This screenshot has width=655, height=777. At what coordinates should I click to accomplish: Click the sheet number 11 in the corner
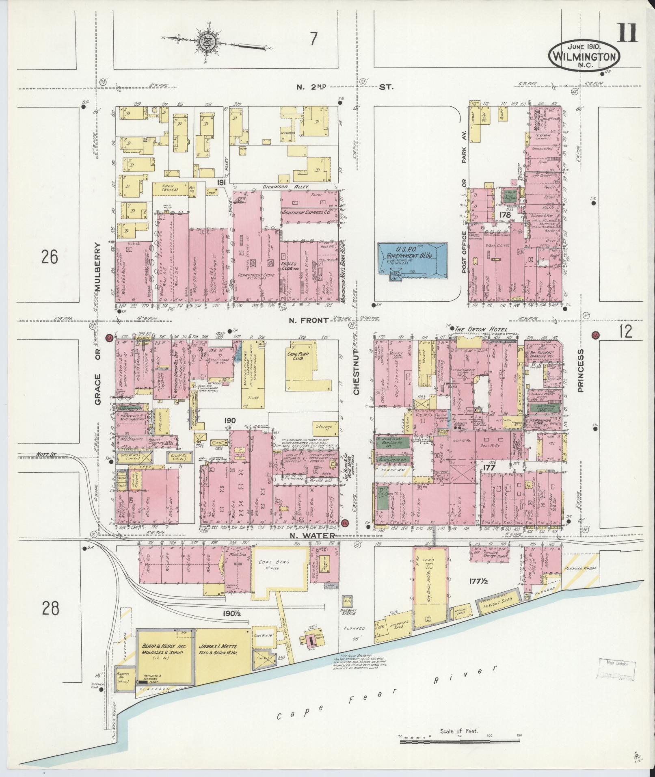627,33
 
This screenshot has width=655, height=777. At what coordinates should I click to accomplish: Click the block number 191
221,182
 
